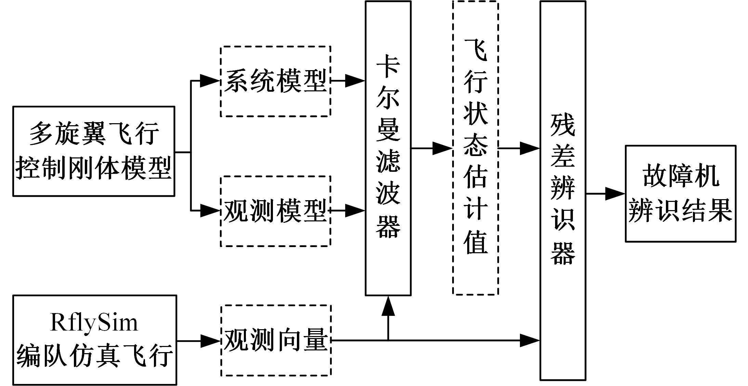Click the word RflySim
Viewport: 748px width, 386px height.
[x=94, y=322]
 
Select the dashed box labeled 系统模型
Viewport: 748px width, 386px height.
[x=275, y=81]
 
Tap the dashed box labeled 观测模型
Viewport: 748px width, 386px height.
[x=275, y=211]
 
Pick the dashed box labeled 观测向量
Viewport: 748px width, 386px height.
[x=275, y=340]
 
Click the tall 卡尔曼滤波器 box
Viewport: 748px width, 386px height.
[x=388, y=148]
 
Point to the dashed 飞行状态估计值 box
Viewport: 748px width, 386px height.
[x=475, y=148]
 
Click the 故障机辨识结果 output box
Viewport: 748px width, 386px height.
[x=681, y=194]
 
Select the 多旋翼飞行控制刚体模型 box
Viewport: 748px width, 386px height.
[x=94, y=151]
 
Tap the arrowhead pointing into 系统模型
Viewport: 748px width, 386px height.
[x=209, y=81]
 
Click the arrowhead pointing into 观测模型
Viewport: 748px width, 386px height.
[x=209, y=211]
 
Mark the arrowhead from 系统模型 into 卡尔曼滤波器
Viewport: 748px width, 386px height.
[x=355, y=81]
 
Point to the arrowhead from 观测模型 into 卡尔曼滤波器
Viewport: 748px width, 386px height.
[x=355, y=211]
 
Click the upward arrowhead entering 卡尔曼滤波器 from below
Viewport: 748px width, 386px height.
[x=388, y=306]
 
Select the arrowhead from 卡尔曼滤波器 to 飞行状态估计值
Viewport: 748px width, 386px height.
[x=442, y=149]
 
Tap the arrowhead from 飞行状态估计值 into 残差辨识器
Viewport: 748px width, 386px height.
[x=529, y=149]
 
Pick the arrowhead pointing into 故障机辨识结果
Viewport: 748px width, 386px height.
[x=615, y=194]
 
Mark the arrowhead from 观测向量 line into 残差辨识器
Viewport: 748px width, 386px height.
[x=529, y=340]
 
